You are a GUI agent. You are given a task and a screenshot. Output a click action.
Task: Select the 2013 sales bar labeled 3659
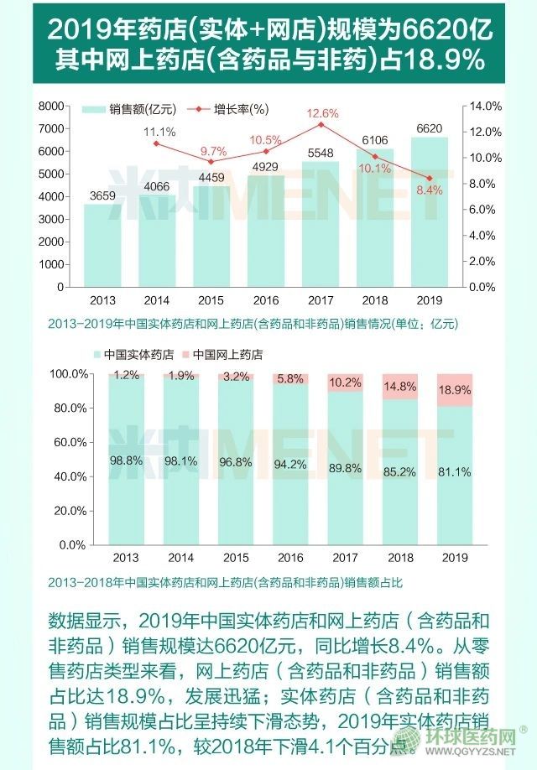(x=102, y=243)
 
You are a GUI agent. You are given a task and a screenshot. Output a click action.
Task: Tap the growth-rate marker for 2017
(x=320, y=124)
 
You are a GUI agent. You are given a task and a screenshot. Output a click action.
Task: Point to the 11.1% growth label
(x=159, y=132)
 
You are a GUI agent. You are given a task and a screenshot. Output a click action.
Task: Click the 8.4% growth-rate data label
(x=429, y=190)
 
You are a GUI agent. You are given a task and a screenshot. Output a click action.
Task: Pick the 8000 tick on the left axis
(x=52, y=106)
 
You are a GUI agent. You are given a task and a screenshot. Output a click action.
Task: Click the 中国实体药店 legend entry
(x=134, y=355)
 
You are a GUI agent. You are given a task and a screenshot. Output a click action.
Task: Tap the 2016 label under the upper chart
(x=265, y=299)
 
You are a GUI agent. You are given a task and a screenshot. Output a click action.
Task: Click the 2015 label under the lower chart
(x=237, y=557)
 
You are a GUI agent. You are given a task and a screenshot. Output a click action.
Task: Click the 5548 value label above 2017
(x=320, y=153)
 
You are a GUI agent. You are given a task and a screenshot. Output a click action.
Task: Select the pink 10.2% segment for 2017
(x=346, y=382)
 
